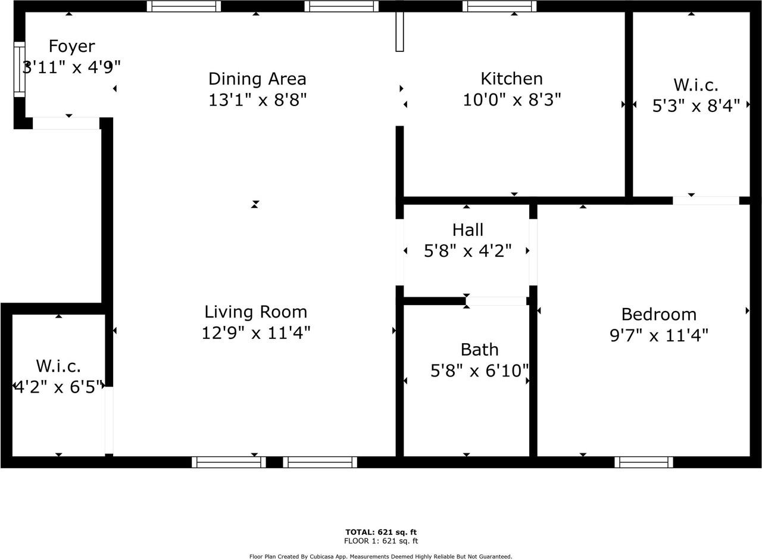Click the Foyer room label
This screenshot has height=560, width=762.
[x=71, y=46]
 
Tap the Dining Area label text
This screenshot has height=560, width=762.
[x=257, y=79]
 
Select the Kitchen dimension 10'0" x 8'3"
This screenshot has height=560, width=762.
[x=512, y=99]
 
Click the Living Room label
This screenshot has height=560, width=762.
[x=256, y=312]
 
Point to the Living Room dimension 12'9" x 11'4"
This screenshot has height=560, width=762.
[x=256, y=332]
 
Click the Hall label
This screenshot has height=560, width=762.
[x=467, y=230]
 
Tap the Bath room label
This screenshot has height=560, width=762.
[x=479, y=350]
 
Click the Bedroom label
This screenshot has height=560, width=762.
[x=658, y=315]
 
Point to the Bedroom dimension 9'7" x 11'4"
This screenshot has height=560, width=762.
[x=658, y=336]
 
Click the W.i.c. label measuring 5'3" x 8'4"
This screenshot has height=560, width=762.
[x=696, y=85]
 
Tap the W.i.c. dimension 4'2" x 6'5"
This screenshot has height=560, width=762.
[x=58, y=387]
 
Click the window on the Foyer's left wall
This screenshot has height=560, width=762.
[x=19, y=69]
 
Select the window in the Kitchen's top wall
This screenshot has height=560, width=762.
[x=499, y=6]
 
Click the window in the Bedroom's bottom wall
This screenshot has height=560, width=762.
[x=644, y=462]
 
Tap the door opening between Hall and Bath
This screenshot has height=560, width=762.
[x=496, y=301]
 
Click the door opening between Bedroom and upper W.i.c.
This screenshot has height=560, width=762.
[x=705, y=201]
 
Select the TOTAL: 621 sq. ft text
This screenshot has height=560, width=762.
[x=381, y=532]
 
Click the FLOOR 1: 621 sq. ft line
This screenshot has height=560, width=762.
[x=381, y=541]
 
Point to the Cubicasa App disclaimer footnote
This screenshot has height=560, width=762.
[x=381, y=556]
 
